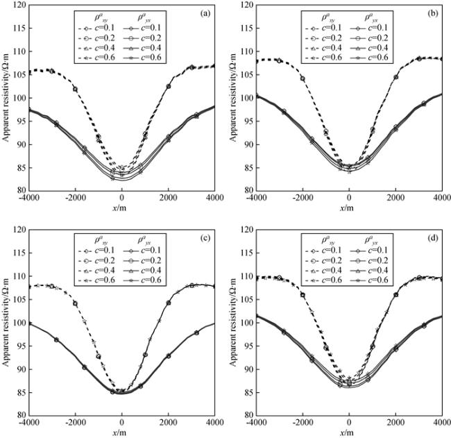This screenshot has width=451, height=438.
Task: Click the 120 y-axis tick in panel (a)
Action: click(19, 6)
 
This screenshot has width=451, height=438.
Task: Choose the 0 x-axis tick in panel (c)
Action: click(122, 423)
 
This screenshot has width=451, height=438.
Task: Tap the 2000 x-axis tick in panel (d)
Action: click(395, 423)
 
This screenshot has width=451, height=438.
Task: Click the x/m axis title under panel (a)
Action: click(121, 208)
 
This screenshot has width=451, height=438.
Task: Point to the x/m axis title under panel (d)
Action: click(349, 432)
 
